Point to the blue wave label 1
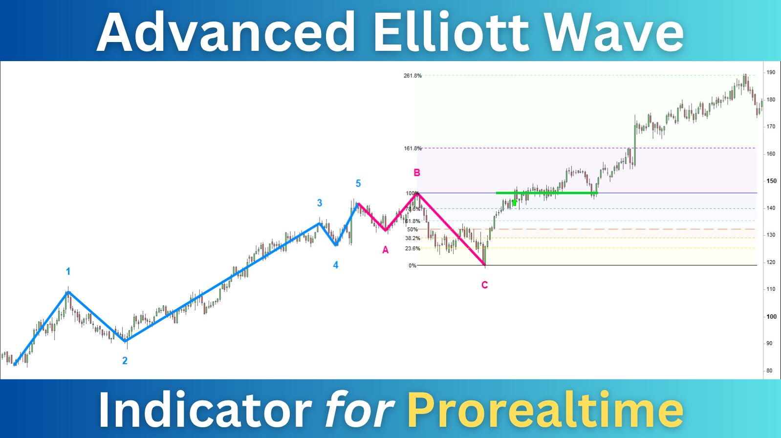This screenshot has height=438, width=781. click(x=68, y=271)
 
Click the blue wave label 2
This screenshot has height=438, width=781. click(x=125, y=361)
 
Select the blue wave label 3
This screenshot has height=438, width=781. click(x=319, y=203)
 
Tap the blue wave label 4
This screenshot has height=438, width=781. click(x=335, y=265)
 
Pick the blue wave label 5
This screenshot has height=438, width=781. click(x=358, y=183)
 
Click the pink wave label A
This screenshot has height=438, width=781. click(x=385, y=250)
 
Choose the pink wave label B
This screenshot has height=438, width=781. click(x=417, y=173)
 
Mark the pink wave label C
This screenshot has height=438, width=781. click(x=485, y=285)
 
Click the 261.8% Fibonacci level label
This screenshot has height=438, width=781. click(x=413, y=76)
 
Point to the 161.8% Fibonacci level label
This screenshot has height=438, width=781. click(x=413, y=148)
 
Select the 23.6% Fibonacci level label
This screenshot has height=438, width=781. click(x=412, y=248)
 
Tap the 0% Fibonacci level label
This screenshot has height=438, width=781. click(x=412, y=265)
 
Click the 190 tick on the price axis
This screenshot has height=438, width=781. click(x=771, y=72)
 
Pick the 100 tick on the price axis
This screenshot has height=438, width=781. click(x=771, y=317)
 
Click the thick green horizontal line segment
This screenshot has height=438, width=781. click(x=547, y=193)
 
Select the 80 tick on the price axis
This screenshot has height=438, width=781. click(x=769, y=371)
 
